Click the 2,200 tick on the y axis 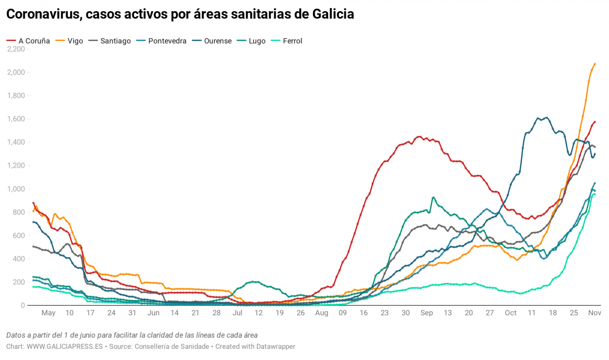[x=16, y=49]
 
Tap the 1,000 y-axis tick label [x=16, y=189]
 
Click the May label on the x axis [x=48, y=313]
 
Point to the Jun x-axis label [x=153, y=313]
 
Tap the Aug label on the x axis [x=322, y=313]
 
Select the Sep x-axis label [x=427, y=313]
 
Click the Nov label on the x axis [x=594, y=313]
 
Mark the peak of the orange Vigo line [x=595, y=64]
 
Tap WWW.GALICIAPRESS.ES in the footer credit [x=65, y=346]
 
